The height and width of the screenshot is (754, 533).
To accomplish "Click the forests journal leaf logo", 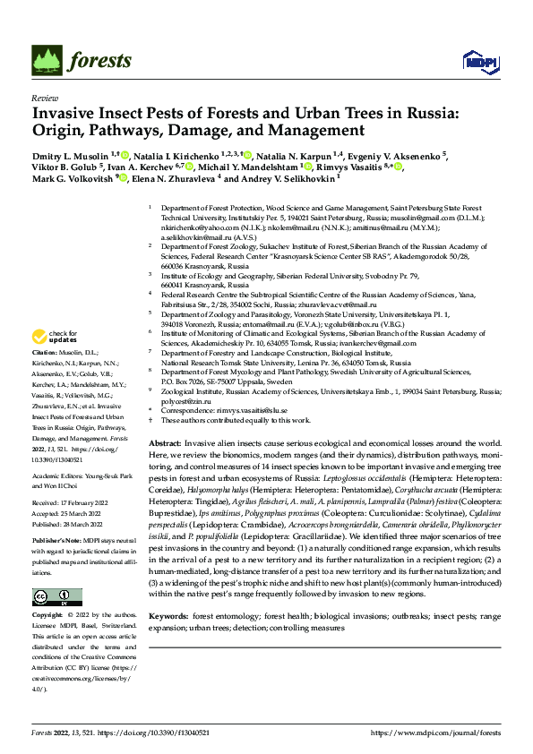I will coord(46,61).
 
